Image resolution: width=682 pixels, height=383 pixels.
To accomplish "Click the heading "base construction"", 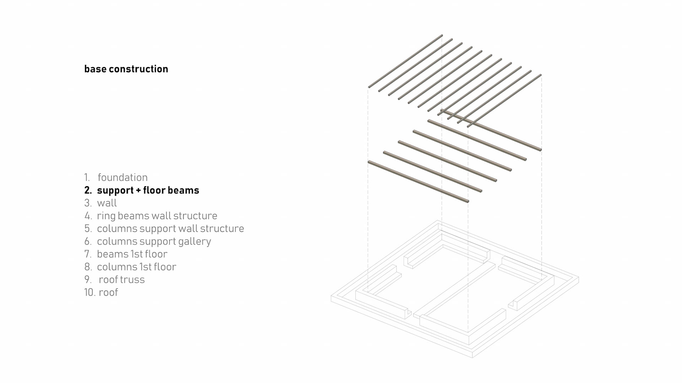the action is pos(126,69).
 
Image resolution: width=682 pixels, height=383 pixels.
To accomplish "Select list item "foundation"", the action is pos(123,177).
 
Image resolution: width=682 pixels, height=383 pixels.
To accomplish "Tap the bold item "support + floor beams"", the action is pos(148,190).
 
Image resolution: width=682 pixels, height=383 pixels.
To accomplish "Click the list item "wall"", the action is pos(107,203).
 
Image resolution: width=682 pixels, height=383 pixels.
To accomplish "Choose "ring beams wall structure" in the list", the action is pos(157,216).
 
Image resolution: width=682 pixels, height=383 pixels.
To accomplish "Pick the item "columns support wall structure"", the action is pos(170,228).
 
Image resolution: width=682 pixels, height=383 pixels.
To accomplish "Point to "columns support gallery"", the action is pos(154,241).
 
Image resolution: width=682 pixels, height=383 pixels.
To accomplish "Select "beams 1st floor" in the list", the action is pos(132,254).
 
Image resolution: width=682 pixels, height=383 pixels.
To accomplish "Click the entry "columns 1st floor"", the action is pos(136,267).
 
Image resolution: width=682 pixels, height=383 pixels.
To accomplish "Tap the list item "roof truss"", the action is pos(121,279).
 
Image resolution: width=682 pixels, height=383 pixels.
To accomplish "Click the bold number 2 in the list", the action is pos(88,190).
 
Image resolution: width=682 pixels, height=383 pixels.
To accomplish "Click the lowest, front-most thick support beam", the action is pos(418,182).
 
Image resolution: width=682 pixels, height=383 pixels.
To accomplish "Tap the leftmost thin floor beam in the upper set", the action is pos(405,61).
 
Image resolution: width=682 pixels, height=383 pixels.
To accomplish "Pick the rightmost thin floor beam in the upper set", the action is pos(504,100).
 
